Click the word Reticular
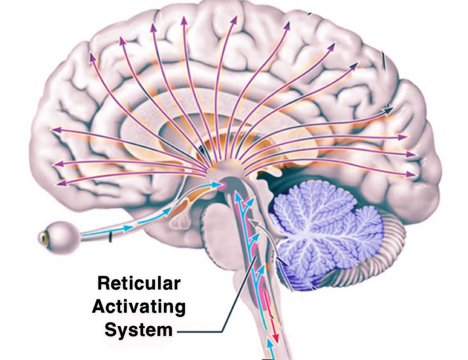[x=139, y=283]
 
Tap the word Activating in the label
[x=139, y=307]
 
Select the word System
[x=139, y=330]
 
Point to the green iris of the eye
[x=43, y=236]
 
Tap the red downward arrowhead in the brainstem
[x=276, y=337]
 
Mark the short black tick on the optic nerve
[x=110, y=236]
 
